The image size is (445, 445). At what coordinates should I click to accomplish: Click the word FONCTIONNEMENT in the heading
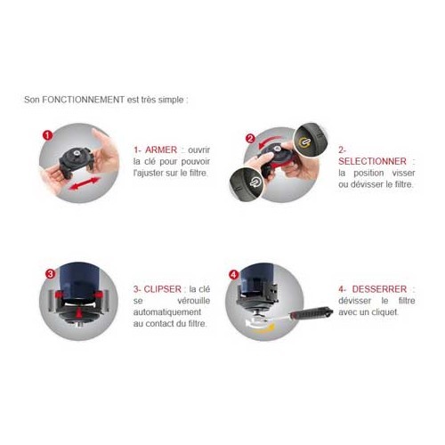point(83,100)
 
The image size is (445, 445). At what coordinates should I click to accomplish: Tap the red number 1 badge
point(47,136)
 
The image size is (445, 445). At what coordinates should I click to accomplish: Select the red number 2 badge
point(251,139)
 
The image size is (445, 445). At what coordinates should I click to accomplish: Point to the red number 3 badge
point(51,273)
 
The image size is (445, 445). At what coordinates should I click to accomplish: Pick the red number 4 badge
point(234,275)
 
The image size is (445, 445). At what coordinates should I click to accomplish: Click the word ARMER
point(161,150)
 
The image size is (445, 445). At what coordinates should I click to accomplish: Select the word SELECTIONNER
point(372,161)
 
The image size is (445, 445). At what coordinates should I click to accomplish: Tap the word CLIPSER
point(162,289)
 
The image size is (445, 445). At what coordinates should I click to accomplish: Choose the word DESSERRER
point(379,289)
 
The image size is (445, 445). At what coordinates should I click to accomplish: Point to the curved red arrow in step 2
point(269,142)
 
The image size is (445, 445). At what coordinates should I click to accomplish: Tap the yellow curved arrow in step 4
point(263,328)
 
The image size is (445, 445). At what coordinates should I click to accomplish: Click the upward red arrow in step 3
point(78,312)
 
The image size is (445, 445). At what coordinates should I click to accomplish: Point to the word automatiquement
point(167,312)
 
